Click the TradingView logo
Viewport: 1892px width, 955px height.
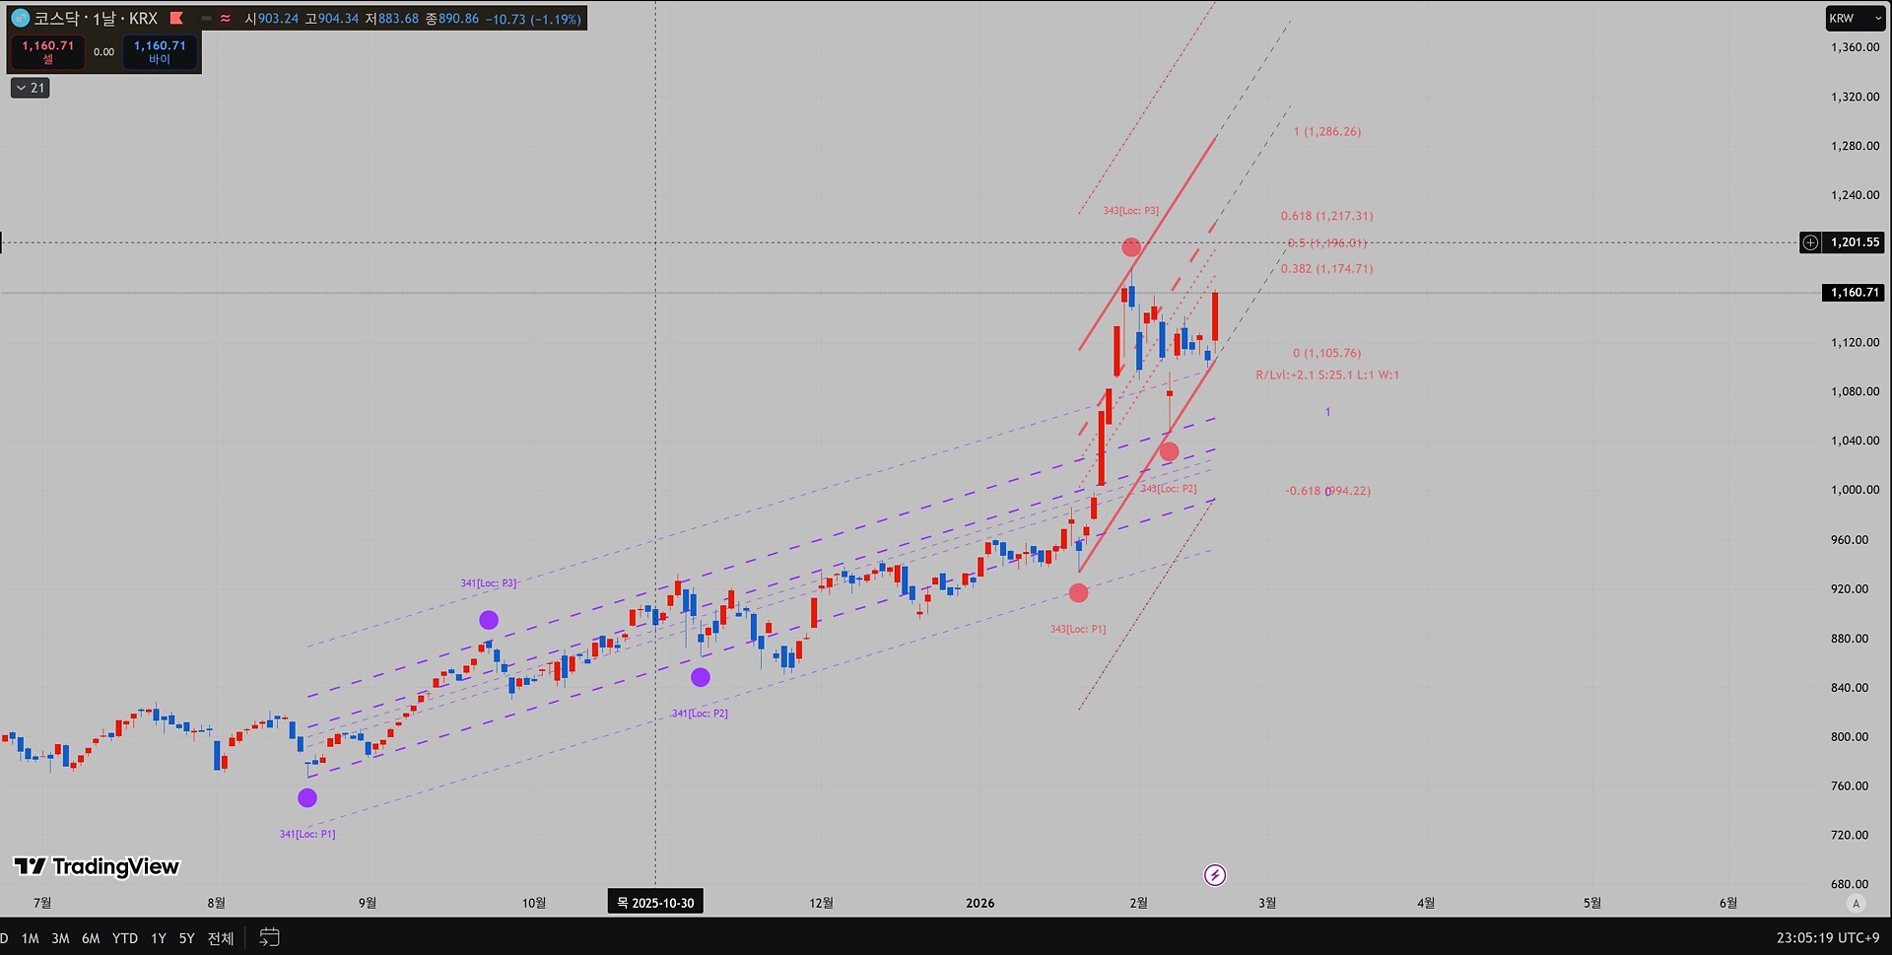(97, 866)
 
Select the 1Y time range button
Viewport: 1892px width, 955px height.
(158, 938)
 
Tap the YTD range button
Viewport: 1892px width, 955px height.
(125, 938)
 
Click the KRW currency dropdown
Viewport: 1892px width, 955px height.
(1855, 19)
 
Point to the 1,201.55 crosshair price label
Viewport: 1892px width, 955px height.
(1855, 242)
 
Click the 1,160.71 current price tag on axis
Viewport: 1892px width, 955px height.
(1855, 293)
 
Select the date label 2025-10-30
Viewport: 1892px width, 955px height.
(655, 903)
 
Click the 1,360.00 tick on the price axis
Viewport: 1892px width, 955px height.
(1855, 47)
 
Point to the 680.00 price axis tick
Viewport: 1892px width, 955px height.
(1849, 884)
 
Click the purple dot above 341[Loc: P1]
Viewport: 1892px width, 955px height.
(307, 798)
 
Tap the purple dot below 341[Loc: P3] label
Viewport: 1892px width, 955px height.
(489, 620)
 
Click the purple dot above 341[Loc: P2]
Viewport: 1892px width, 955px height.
(701, 677)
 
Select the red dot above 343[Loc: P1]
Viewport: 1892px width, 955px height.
(1079, 593)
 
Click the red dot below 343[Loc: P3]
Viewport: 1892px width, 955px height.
(1131, 247)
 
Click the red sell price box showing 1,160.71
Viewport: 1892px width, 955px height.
(48, 51)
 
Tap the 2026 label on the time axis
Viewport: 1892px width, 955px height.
(980, 903)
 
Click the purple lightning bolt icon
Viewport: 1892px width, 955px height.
(1215, 875)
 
